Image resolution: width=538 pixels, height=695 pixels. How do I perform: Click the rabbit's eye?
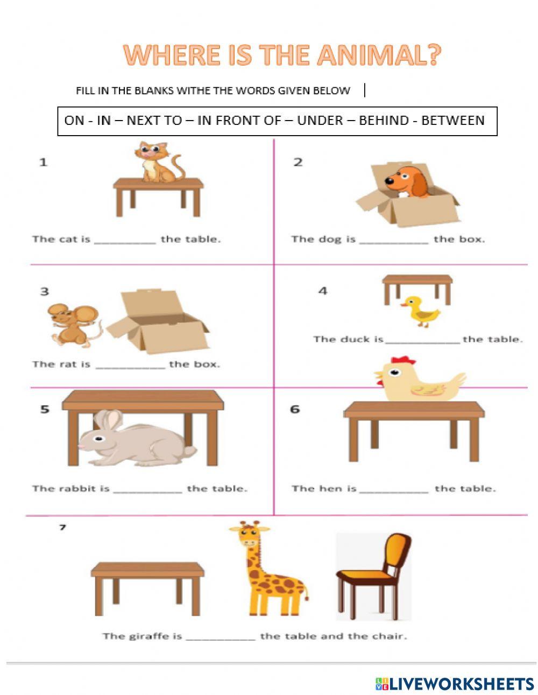[x=98, y=439]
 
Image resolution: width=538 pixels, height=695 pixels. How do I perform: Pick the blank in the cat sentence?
[x=125, y=241]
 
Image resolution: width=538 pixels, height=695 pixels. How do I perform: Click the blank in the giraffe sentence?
[x=221, y=637]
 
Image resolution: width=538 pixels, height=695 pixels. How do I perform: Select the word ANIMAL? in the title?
[x=378, y=55]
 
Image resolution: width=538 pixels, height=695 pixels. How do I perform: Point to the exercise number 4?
[x=322, y=291]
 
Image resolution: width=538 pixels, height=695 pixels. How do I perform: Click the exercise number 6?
[x=295, y=409]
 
